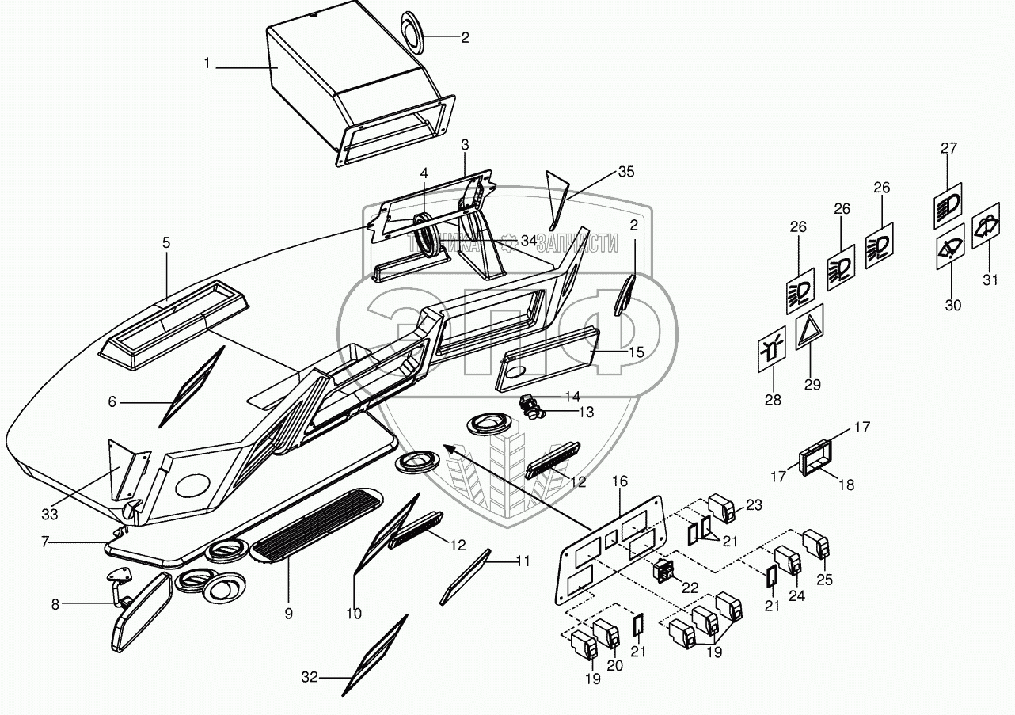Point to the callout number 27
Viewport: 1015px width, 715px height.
[x=949, y=148]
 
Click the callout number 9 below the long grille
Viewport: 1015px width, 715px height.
[x=289, y=613]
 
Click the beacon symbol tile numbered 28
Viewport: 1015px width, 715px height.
[x=772, y=349]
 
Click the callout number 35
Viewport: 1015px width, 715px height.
[x=626, y=172]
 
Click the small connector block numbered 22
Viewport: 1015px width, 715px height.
[x=663, y=569]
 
